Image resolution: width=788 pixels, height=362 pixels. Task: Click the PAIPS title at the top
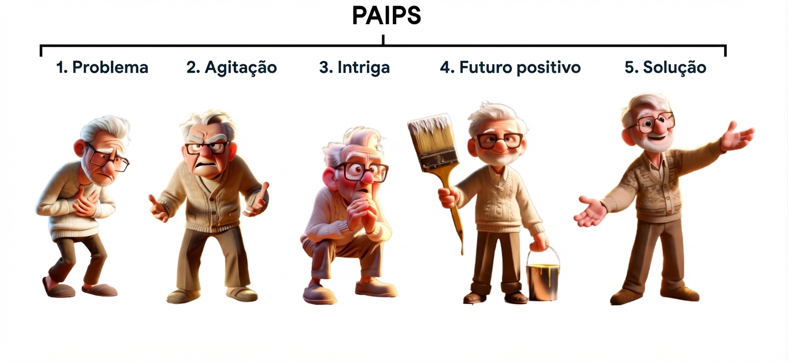click(386, 16)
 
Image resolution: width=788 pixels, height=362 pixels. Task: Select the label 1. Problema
click(102, 67)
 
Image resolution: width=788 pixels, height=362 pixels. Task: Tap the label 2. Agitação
click(232, 68)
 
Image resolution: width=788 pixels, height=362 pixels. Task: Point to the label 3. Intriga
click(354, 67)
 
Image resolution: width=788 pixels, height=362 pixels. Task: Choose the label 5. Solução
click(665, 67)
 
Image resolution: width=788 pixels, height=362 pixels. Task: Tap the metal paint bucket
click(542, 280)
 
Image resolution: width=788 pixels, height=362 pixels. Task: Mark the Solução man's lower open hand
click(591, 211)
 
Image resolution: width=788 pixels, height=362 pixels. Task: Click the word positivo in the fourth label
click(549, 67)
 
